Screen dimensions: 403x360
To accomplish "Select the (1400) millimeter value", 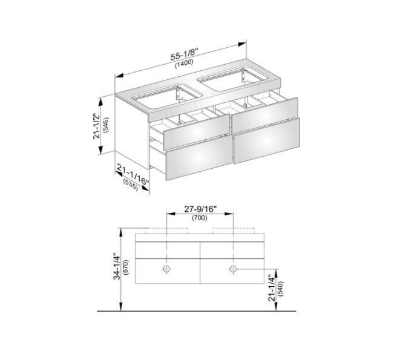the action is [184, 63].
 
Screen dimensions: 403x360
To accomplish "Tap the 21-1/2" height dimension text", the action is [97, 126].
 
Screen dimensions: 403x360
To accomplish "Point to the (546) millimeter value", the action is [106, 125].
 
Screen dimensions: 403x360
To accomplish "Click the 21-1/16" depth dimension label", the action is [133, 175].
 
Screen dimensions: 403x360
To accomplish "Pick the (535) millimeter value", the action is [131, 185].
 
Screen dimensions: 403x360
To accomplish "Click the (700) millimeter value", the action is [200, 218].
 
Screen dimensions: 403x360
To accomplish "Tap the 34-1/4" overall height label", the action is [116, 267].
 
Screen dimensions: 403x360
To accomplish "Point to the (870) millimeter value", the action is [126, 267].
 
